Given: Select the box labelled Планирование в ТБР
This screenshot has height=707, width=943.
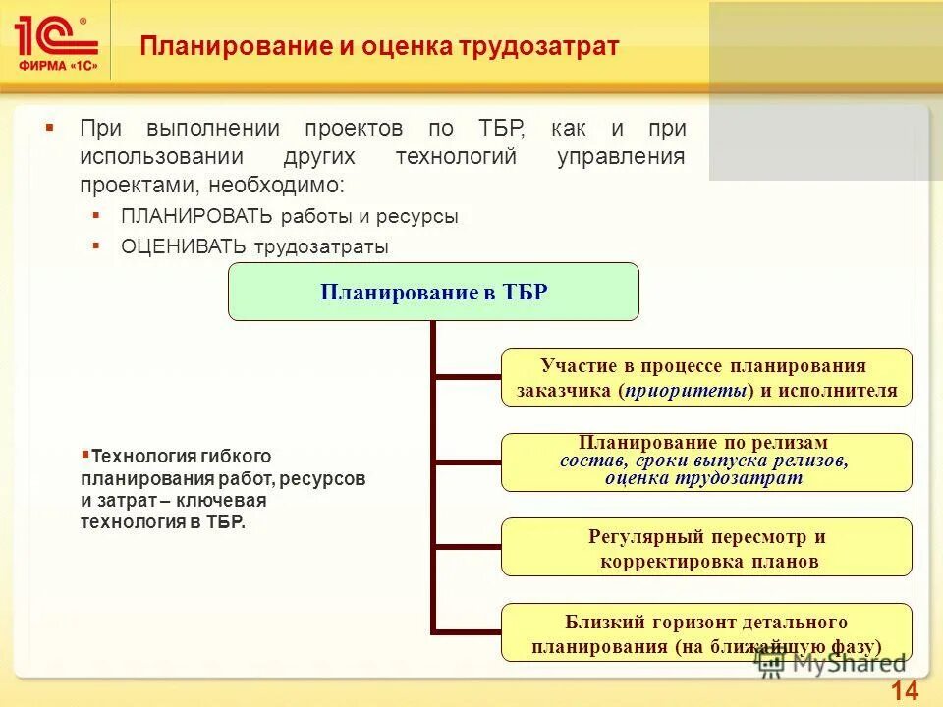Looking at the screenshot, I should (433, 292).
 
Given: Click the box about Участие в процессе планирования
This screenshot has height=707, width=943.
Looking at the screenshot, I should (706, 377).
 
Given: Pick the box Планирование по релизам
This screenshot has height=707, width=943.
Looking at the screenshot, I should (706, 462).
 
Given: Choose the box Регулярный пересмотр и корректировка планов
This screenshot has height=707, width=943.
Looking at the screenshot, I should (706, 547).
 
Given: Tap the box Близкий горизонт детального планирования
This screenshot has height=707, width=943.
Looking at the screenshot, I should (706, 632).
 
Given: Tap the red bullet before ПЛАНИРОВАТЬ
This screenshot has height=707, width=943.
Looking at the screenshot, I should (96, 215).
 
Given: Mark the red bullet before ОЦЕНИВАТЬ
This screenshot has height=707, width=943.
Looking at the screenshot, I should (96, 245).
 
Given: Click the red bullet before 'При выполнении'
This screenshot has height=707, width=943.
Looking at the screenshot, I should (50, 129).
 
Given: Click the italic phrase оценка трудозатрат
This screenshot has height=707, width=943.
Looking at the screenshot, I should (703, 478).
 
